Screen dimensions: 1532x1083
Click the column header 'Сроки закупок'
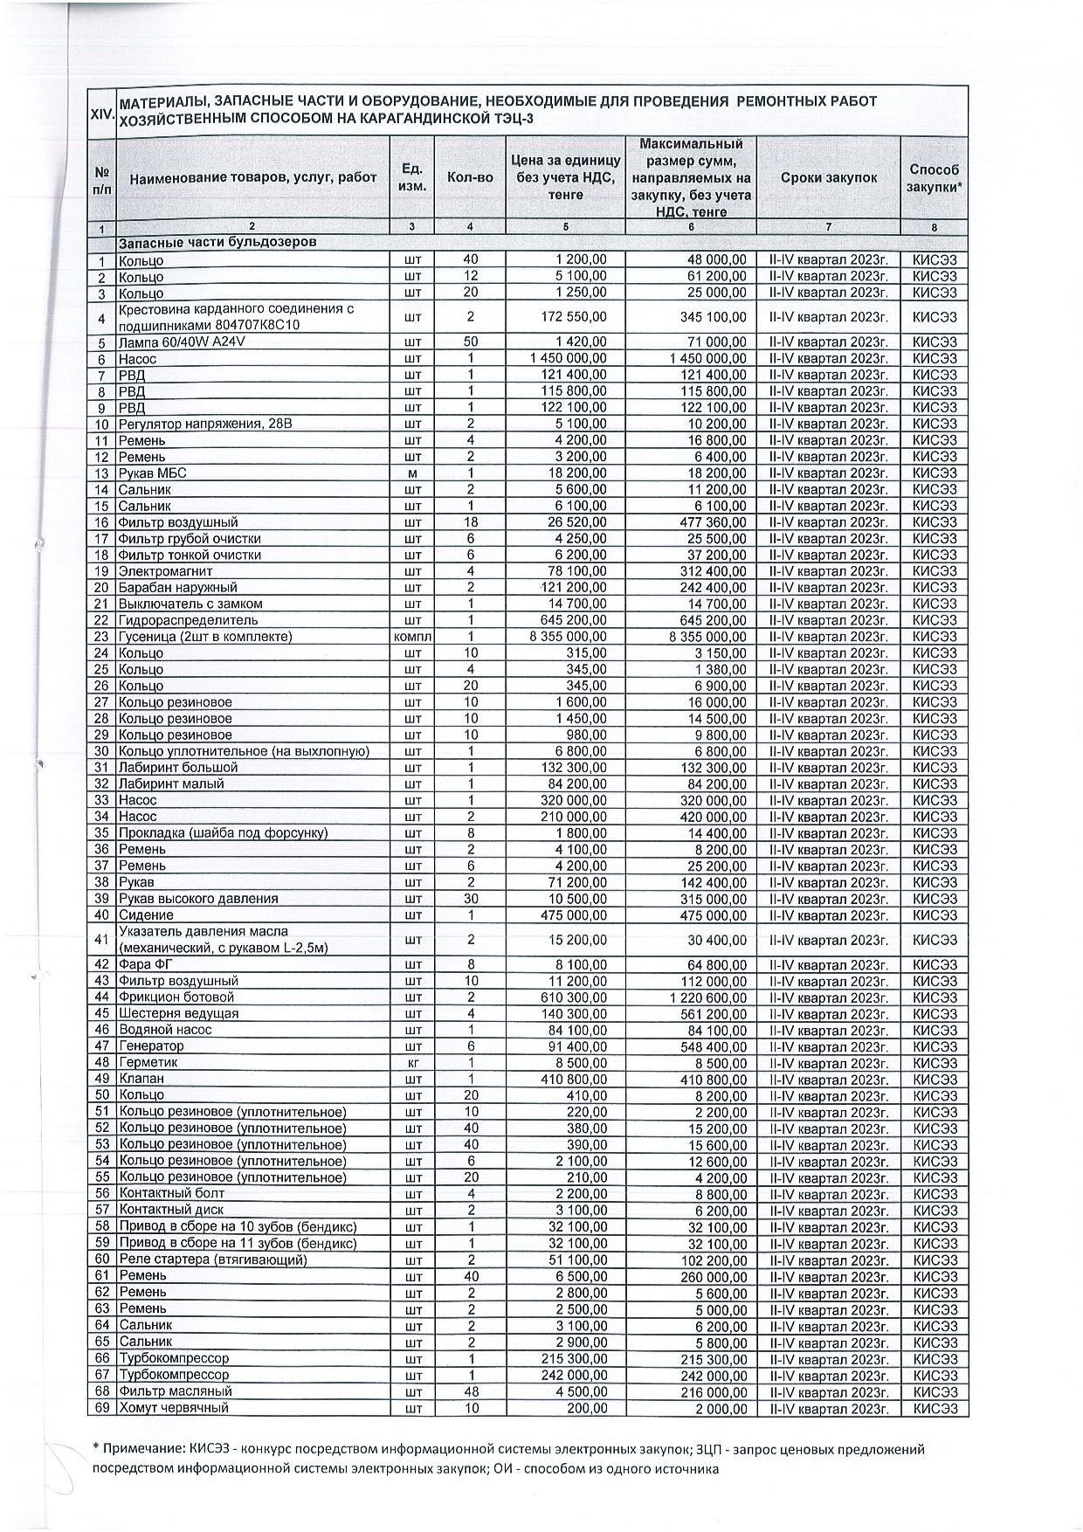[x=827, y=177]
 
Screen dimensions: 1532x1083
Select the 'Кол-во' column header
[x=470, y=177]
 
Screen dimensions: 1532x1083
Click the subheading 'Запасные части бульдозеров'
[x=217, y=242]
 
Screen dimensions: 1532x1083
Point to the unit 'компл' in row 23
[x=413, y=637]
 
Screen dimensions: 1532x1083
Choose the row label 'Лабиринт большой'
[x=178, y=768]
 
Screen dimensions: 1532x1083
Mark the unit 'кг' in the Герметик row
[x=413, y=1063]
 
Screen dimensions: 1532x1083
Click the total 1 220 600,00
[x=708, y=997]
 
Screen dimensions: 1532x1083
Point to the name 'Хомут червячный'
[x=174, y=1408]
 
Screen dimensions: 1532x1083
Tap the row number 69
[x=102, y=1408]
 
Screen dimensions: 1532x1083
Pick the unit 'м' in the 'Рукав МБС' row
[x=413, y=473]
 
